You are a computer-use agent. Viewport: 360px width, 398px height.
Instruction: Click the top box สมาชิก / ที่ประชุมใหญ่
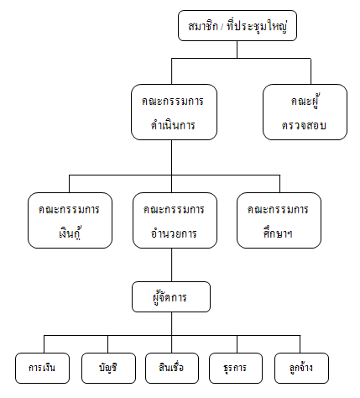pyautogui.click(x=237, y=26)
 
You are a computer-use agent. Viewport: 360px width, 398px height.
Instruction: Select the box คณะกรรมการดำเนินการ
pyautogui.click(x=174, y=112)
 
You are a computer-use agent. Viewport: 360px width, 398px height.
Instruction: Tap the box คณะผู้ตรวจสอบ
pyautogui.click(x=305, y=112)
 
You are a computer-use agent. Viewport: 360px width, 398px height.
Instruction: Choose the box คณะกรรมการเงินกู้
pyautogui.click(x=70, y=220)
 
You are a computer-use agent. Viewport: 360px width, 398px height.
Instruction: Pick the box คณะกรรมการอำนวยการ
pyautogui.click(x=175, y=220)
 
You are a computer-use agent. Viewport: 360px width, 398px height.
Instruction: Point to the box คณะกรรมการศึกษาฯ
pyautogui.click(x=279, y=220)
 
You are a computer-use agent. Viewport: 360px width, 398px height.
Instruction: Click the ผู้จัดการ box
pyautogui.click(x=171, y=296)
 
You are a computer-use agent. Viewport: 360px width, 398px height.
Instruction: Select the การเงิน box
pyautogui.click(x=42, y=368)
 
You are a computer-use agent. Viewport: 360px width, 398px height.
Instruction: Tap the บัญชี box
pyautogui.click(x=108, y=368)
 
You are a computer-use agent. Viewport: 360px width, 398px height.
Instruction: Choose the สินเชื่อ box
pyautogui.click(x=172, y=368)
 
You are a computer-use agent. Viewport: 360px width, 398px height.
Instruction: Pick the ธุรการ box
pyautogui.click(x=236, y=368)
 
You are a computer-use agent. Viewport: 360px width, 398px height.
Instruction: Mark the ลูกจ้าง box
pyautogui.click(x=301, y=368)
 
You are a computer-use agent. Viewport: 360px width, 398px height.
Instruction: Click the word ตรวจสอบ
pyautogui.click(x=304, y=125)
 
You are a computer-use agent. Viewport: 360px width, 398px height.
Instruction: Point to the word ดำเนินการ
pyautogui.click(x=173, y=125)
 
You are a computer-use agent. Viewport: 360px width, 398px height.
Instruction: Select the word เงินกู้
pyautogui.click(x=70, y=233)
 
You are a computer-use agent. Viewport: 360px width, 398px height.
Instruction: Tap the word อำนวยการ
pyautogui.click(x=174, y=233)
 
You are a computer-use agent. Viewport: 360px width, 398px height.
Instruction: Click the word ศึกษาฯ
pyautogui.click(x=278, y=233)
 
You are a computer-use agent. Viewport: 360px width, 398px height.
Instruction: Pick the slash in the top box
pyautogui.click(x=222, y=27)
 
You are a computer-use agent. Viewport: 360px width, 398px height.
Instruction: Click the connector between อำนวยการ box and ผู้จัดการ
pyautogui.click(x=172, y=264)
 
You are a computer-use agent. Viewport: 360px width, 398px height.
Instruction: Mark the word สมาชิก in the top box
pyautogui.click(x=203, y=26)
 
